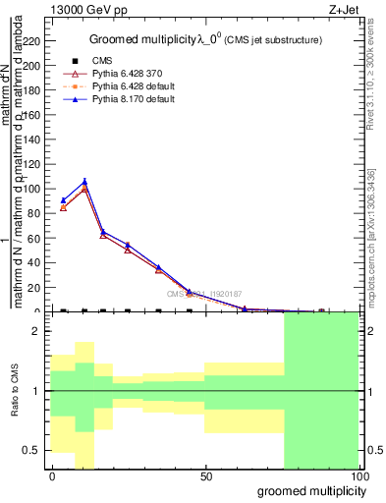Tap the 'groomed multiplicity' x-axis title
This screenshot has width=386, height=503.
click(308, 490)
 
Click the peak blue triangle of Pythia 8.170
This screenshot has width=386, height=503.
click(84, 181)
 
